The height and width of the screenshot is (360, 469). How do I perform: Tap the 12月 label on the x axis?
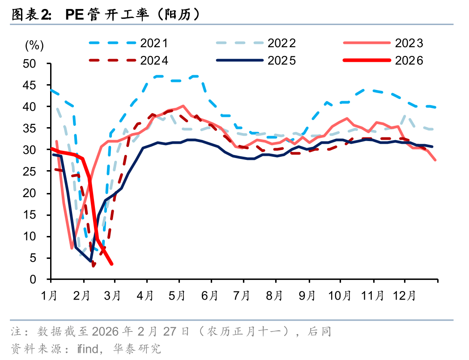(x=405, y=296)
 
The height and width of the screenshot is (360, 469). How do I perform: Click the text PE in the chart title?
(x=73, y=15)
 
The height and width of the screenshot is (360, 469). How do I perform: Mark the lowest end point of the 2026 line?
(x=111, y=264)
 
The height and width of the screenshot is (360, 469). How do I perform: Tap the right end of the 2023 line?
(x=436, y=160)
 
